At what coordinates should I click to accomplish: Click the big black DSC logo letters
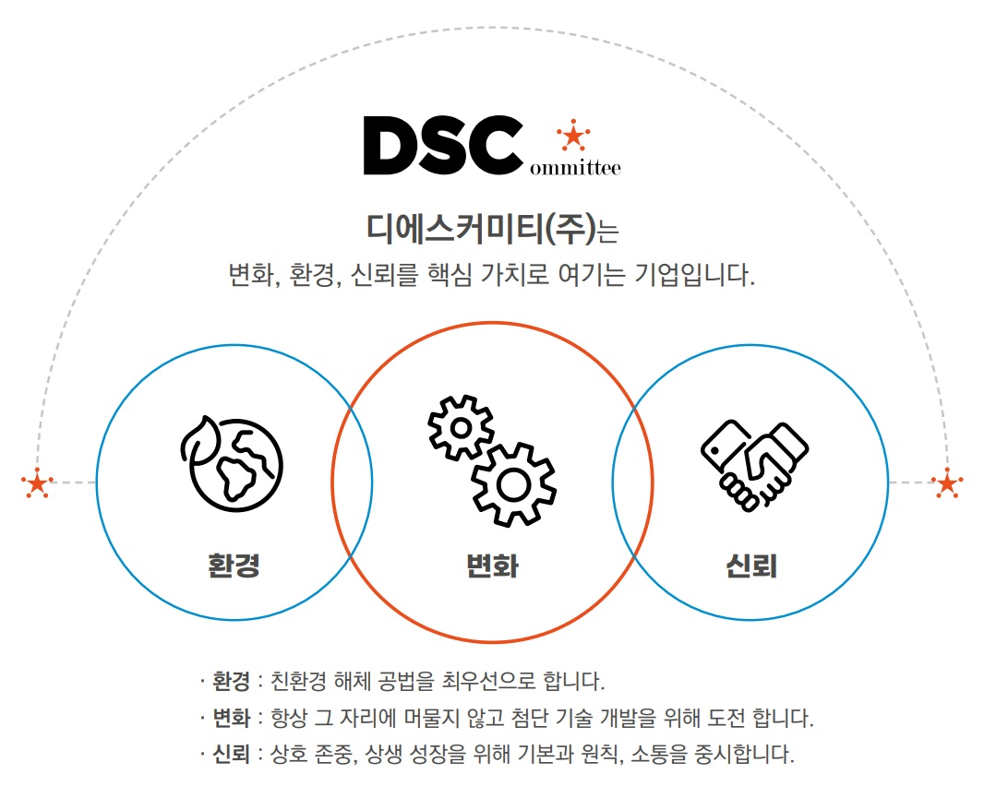click(x=443, y=145)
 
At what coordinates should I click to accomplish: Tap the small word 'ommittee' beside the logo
click(x=575, y=168)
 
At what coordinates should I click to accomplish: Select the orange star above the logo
click(x=573, y=135)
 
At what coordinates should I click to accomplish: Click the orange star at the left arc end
click(x=38, y=483)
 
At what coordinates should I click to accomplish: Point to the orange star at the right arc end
click(x=947, y=483)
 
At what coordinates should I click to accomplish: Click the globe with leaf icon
click(x=232, y=463)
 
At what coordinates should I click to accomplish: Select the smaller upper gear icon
click(x=462, y=428)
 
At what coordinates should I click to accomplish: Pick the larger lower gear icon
click(x=514, y=484)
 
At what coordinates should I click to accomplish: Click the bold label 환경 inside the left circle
click(x=234, y=565)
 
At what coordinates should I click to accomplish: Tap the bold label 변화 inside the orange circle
click(x=493, y=566)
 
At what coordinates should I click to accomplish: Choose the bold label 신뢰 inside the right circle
click(x=751, y=566)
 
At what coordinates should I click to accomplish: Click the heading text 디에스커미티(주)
click(x=481, y=229)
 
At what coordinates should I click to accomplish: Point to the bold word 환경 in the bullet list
click(x=232, y=681)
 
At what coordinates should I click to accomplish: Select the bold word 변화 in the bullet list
click(x=232, y=717)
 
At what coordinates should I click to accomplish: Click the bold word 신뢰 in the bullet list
click(x=232, y=754)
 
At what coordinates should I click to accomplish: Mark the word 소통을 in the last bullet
click(x=660, y=754)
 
